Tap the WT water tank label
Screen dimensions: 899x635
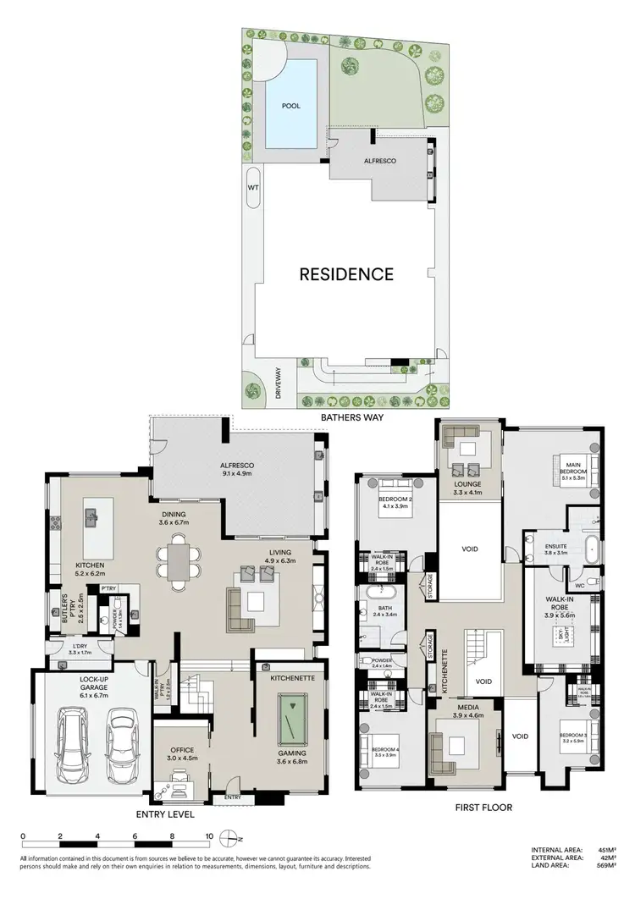pyautogui.click(x=252, y=187)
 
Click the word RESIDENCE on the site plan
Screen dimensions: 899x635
pyautogui.click(x=345, y=274)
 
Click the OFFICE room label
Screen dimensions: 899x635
pyautogui.click(x=182, y=750)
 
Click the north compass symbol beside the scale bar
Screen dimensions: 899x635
pyautogui.click(x=228, y=840)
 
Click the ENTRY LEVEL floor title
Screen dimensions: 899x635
pyautogui.click(x=165, y=815)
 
